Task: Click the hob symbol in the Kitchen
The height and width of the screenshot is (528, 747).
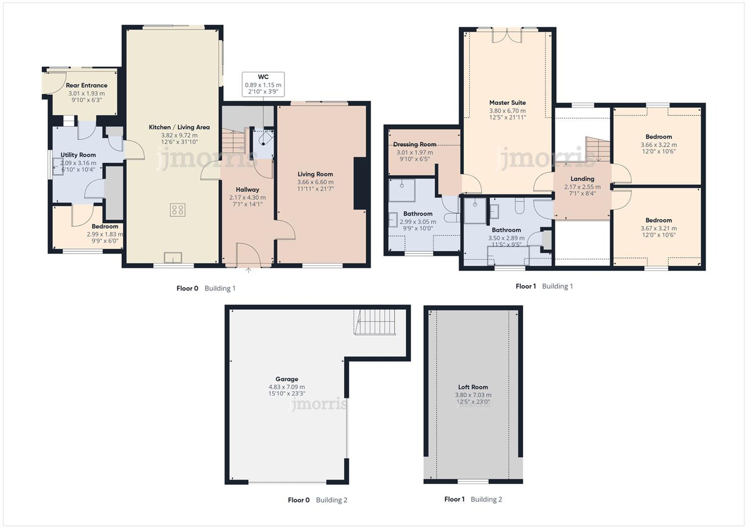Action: (x=177, y=210)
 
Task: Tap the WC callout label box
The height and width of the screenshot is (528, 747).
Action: (x=263, y=84)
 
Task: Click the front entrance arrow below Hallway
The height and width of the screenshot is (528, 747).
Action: (x=248, y=270)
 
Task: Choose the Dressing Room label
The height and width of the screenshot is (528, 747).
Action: (x=415, y=144)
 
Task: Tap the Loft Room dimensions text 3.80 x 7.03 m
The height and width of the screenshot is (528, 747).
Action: (x=473, y=395)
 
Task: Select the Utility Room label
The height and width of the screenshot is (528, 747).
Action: (x=78, y=155)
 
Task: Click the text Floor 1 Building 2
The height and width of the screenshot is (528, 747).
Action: (x=473, y=499)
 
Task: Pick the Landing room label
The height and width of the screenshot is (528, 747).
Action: (x=582, y=179)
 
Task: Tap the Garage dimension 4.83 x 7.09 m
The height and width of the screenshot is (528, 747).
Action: (x=286, y=387)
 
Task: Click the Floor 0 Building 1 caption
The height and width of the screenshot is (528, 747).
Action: (x=206, y=288)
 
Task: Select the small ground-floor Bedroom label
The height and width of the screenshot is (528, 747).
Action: (x=105, y=226)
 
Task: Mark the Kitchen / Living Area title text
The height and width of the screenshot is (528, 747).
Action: (x=179, y=127)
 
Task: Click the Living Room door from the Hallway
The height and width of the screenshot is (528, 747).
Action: (x=286, y=229)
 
